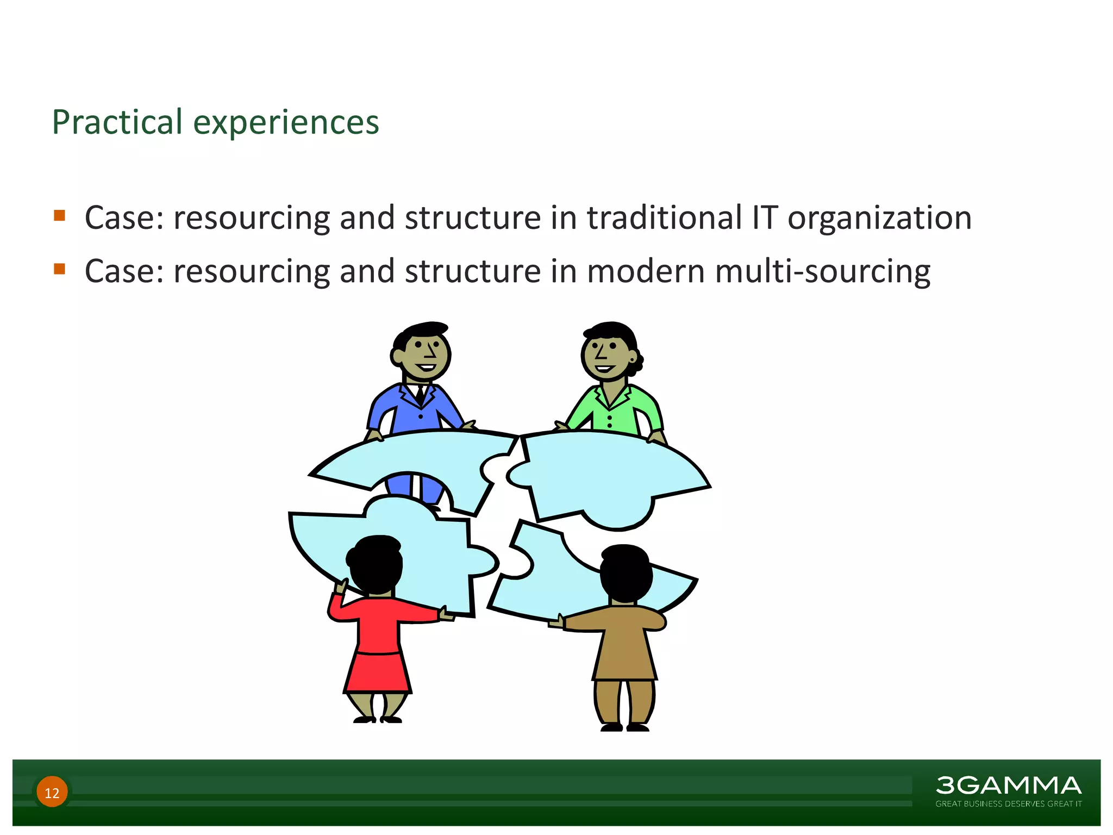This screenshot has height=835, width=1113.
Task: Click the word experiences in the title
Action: pyautogui.click(x=286, y=123)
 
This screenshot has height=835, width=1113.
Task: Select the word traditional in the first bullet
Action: pyautogui.click(x=664, y=218)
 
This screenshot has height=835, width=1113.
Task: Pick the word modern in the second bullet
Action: pyautogui.click(x=646, y=271)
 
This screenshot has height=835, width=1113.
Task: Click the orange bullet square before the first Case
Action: pyautogui.click(x=60, y=215)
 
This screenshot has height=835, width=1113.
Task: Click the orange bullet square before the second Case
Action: pyautogui.click(x=60, y=269)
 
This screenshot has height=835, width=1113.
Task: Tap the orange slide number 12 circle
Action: pyautogui.click(x=52, y=792)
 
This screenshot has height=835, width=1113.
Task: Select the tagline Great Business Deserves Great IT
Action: pyautogui.click(x=1008, y=804)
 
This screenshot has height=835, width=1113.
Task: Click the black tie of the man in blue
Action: pyautogui.click(x=420, y=395)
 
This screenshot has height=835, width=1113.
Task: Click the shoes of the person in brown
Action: pyautogui.click(x=625, y=727)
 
